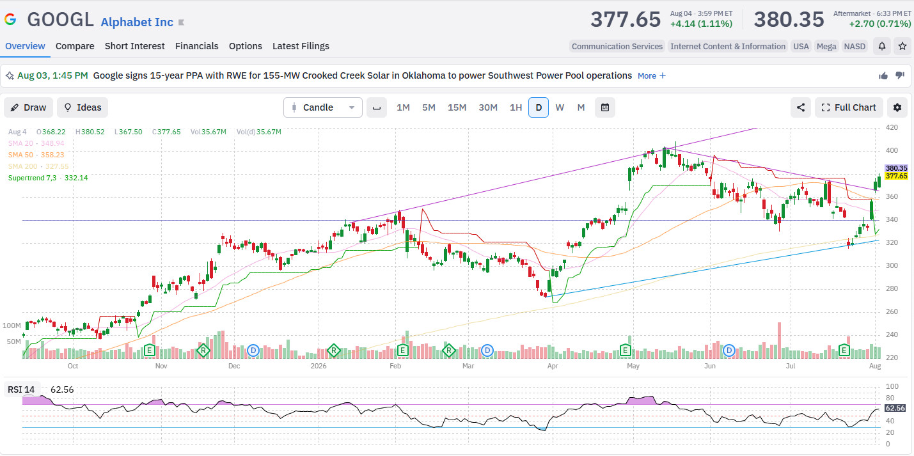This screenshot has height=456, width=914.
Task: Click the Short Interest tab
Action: point(135,46)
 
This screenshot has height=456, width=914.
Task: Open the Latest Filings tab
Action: point(301,46)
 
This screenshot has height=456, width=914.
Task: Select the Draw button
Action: point(28,107)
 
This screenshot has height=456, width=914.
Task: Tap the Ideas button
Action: point(83,107)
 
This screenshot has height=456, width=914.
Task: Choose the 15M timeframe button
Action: point(457,107)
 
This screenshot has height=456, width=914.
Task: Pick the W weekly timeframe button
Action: point(560,107)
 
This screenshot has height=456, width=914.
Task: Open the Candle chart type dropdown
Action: point(323,107)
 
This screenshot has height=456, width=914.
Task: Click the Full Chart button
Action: point(849,107)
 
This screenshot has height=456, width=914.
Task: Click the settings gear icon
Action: point(897,107)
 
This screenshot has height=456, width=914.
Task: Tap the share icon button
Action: point(801,107)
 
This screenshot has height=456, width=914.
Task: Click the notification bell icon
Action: point(882,46)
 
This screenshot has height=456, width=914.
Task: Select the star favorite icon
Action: point(902,46)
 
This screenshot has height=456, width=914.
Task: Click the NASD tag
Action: point(855,47)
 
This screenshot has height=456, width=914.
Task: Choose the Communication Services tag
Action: point(617,47)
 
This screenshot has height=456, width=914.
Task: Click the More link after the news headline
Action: point(651,76)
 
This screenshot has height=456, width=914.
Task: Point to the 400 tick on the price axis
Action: point(892,150)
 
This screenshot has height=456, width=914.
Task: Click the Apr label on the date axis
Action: point(553,366)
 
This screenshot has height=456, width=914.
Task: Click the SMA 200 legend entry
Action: point(38,166)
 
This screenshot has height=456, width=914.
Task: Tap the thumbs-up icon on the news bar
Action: point(883,76)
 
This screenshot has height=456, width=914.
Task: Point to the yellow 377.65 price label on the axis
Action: point(896,177)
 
